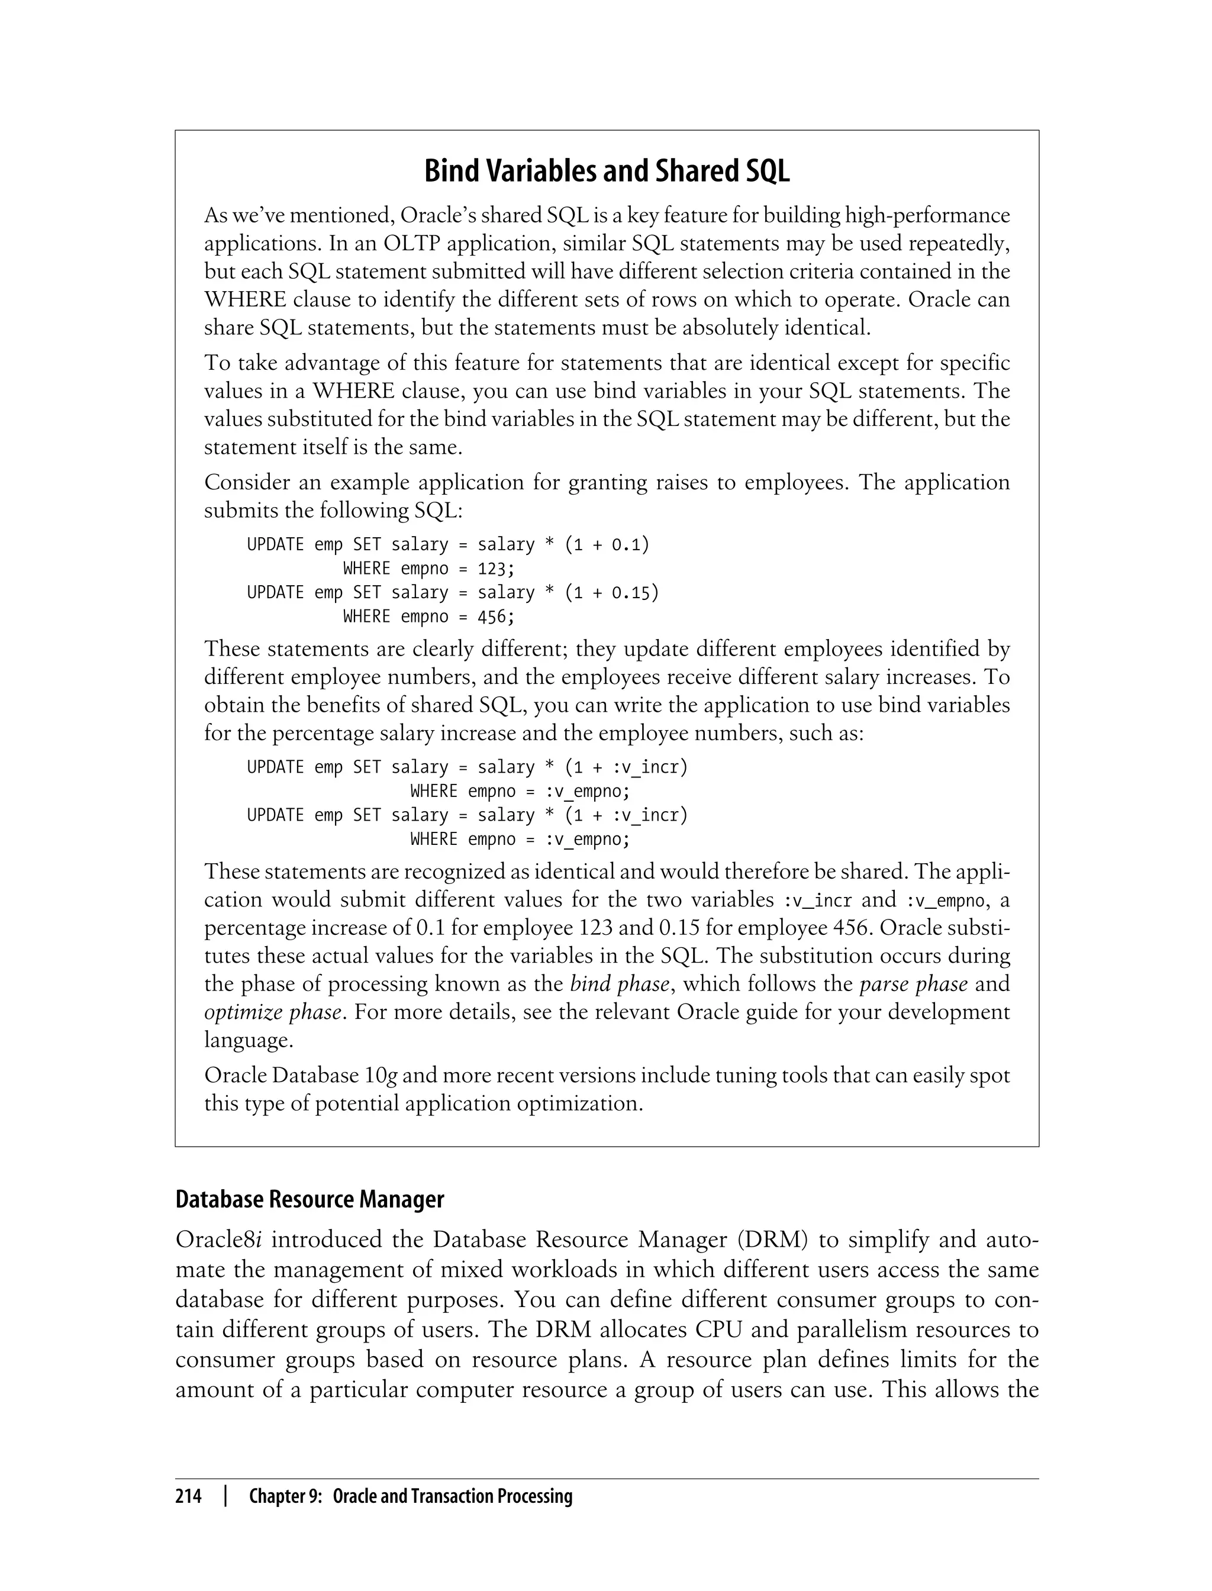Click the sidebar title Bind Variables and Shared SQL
point(606,172)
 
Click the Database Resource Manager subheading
point(310,1199)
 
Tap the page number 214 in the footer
point(188,1496)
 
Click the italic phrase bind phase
point(619,984)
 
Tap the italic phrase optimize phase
point(273,1012)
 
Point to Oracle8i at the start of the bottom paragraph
point(218,1239)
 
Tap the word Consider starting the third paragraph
point(247,482)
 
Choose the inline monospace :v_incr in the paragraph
point(817,900)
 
